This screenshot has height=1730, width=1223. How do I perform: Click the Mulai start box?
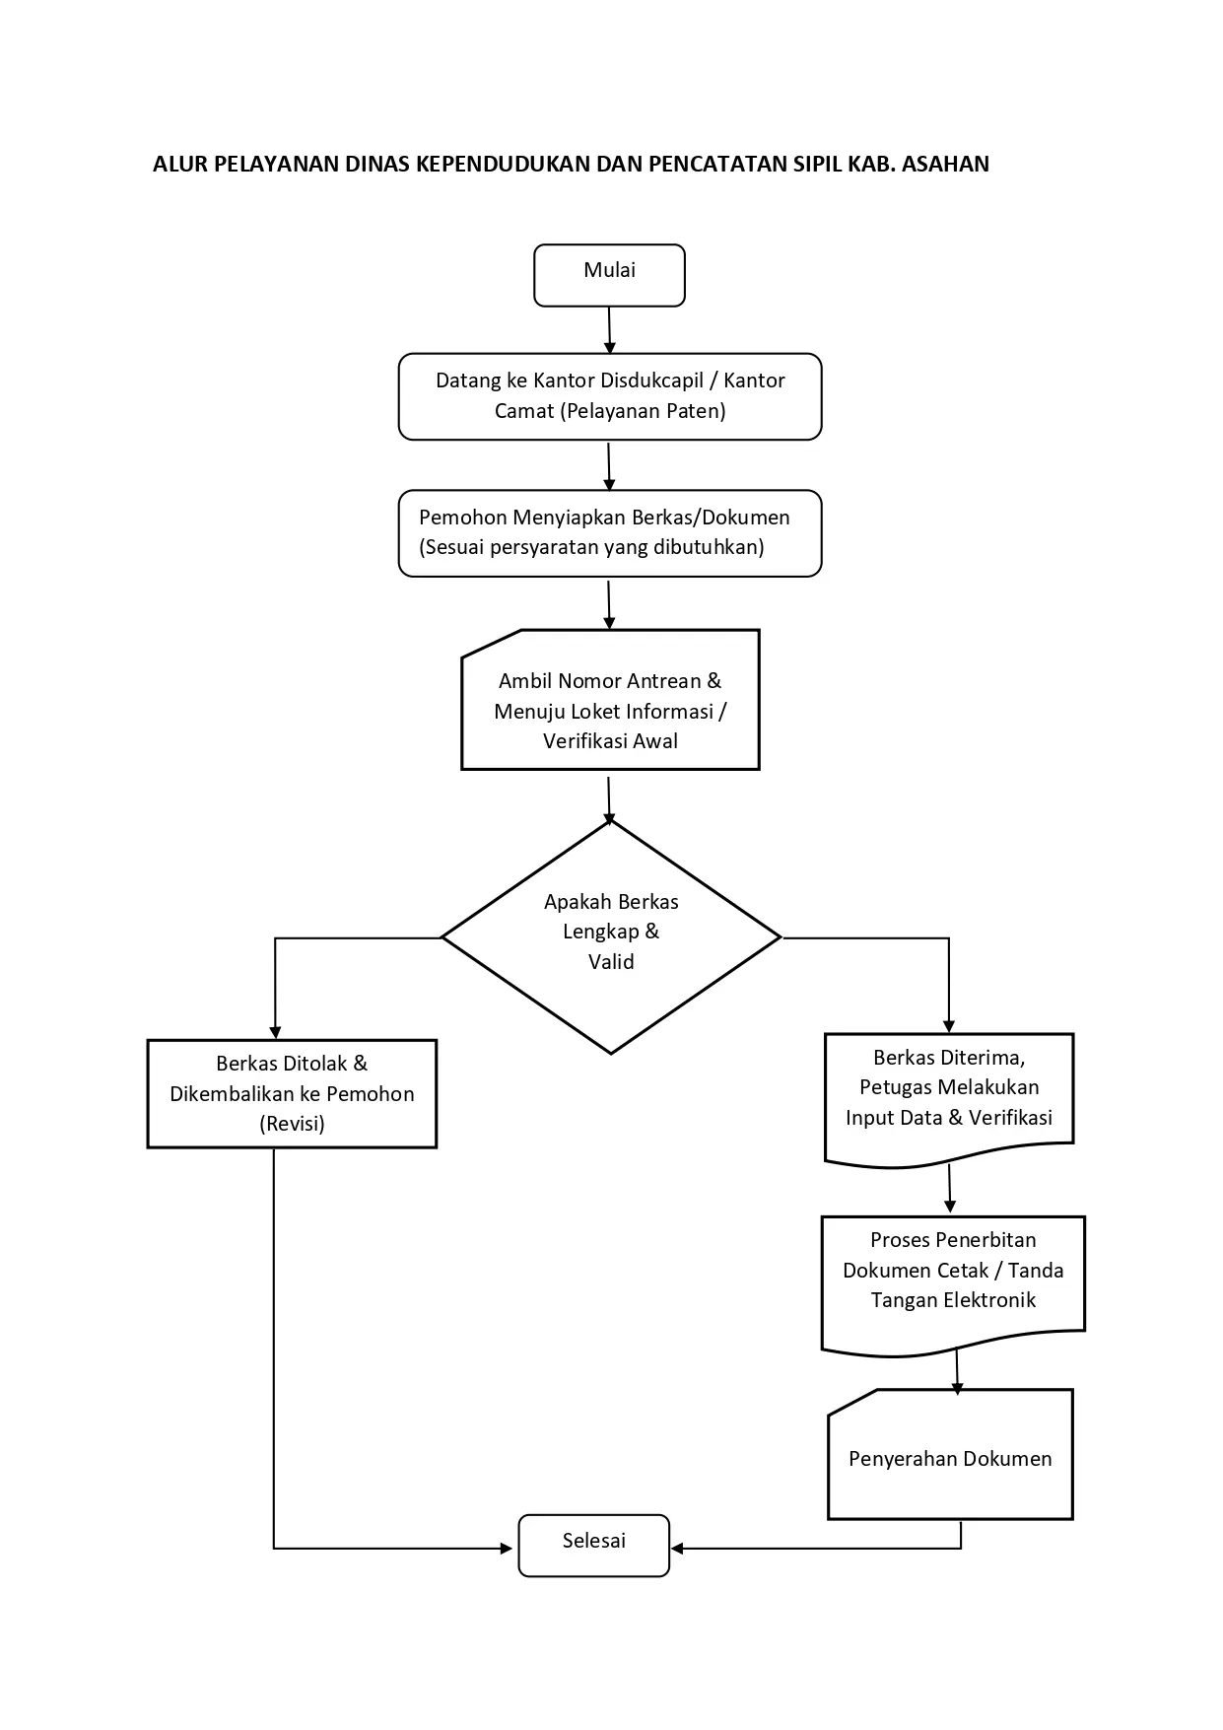point(609,275)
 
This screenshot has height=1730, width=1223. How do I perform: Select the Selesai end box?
point(594,1546)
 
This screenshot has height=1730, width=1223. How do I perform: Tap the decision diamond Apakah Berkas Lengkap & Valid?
point(611,937)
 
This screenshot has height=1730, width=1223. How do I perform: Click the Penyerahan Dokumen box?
point(950,1455)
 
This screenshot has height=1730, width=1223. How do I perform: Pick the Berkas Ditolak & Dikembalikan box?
point(292,1093)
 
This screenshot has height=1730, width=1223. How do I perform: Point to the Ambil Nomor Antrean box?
point(610,700)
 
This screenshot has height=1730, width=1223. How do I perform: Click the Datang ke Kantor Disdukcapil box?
point(610,396)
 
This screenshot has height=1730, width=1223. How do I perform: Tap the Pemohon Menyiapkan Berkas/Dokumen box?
point(610,533)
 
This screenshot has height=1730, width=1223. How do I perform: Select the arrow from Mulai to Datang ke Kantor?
point(610,330)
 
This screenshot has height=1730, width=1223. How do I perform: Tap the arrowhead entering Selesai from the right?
point(678,1549)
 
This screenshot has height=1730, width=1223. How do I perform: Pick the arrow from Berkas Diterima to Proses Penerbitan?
point(950,1189)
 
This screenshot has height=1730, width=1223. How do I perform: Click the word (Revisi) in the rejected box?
point(292,1124)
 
